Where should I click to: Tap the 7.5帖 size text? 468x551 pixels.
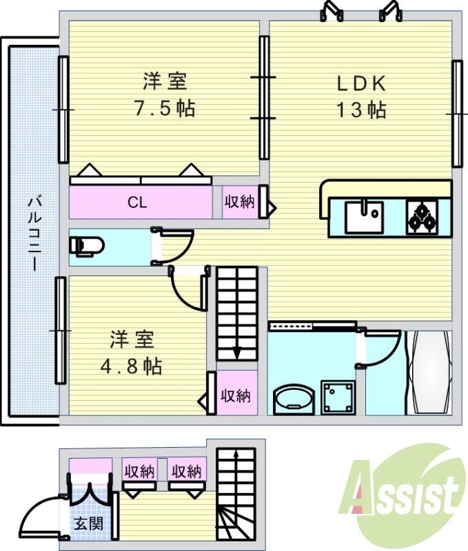[165, 108]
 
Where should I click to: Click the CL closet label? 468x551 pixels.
[137, 202]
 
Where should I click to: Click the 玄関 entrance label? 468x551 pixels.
[89, 523]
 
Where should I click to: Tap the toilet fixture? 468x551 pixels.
[87, 246]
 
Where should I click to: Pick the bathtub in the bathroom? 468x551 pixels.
[428, 373]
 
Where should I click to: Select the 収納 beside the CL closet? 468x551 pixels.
[239, 202]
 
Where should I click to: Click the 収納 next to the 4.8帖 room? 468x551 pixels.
[235, 396]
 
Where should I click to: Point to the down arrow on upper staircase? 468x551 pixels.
[237, 351]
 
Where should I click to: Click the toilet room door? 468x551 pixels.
[175, 245]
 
